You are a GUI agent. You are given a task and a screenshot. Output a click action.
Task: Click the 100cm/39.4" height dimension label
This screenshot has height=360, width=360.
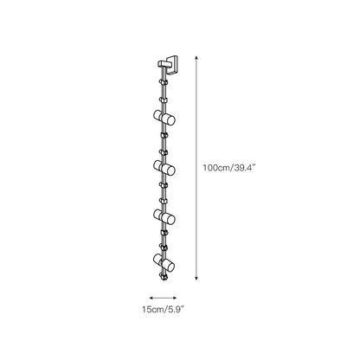point(229,168)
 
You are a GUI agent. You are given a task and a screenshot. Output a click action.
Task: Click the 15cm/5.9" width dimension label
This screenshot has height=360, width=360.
point(163,310)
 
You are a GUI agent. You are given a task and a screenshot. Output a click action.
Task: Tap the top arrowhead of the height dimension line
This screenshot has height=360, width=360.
point(196,58)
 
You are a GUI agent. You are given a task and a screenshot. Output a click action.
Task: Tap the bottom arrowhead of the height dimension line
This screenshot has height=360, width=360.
point(196,278)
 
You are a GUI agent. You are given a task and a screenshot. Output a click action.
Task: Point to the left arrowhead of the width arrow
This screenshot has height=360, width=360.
point(151,298)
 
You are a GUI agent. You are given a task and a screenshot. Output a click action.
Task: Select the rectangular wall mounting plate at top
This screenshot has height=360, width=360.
point(172,65)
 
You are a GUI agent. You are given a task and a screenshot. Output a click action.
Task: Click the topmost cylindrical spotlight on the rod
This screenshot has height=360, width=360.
point(164,118)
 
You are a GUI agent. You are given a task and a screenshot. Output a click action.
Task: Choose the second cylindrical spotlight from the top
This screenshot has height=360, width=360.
point(164,168)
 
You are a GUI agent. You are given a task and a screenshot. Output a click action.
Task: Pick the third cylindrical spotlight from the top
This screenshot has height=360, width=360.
point(164,216)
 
